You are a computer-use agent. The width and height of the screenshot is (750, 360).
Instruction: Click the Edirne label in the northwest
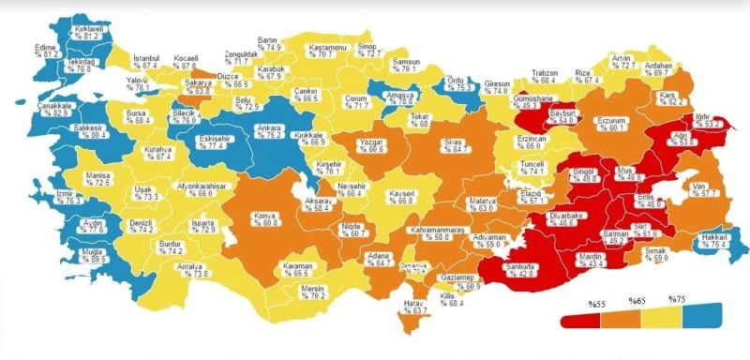pyautogui.click(x=47, y=47)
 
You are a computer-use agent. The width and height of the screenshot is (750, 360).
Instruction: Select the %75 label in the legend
pyautogui.click(x=677, y=300)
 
